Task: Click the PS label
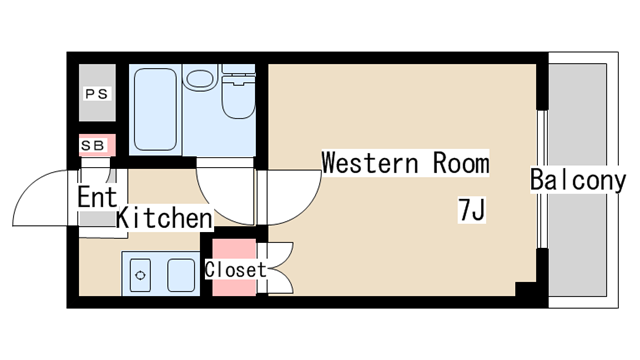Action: [x=97, y=94]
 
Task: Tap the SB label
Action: [x=93, y=145]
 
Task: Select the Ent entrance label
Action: [x=97, y=197]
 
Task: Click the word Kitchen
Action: [x=164, y=218]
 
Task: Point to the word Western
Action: [x=371, y=163]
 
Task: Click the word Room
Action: [x=461, y=163]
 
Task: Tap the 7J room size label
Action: [x=472, y=210]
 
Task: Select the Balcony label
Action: [x=578, y=180]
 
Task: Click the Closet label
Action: [x=236, y=270]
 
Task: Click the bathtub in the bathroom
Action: [x=155, y=109]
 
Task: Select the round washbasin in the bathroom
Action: [x=200, y=78]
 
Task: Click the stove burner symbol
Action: [x=140, y=276]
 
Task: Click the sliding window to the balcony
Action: [x=542, y=179]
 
